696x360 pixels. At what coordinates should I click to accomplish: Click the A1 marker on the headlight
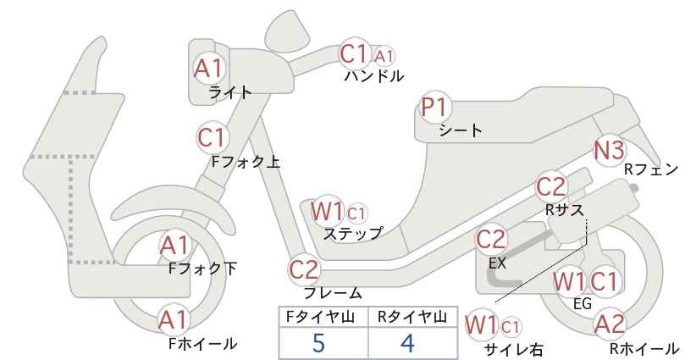click(x=208, y=69)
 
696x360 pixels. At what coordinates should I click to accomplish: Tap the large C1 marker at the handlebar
click(x=355, y=53)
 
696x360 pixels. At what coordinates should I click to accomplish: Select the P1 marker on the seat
click(x=435, y=107)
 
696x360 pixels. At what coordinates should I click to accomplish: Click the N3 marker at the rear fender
click(x=610, y=150)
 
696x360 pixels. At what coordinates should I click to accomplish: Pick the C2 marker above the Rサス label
click(x=551, y=187)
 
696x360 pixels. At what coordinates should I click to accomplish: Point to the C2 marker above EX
click(x=491, y=240)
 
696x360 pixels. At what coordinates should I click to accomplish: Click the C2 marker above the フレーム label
click(x=305, y=269)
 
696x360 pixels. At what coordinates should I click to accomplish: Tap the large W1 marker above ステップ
click(x=327, y=211)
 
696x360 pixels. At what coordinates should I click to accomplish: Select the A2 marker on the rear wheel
click(x=610, y=324)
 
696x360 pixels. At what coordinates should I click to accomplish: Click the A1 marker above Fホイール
click(x=174, y=320)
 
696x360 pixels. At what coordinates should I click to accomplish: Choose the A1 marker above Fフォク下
click(x=175, y=246)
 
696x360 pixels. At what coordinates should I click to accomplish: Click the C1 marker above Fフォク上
click(x=213, y=137)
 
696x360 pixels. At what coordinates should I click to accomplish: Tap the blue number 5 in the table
click(x=318, y=343)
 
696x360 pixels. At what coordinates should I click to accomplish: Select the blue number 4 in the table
click(x=407, y=343)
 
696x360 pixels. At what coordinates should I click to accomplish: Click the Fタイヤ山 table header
click(x=320, y=317)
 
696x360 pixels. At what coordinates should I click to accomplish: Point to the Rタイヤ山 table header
click(x=412, y=317)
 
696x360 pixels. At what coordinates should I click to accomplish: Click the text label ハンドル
click(x=374, y=76)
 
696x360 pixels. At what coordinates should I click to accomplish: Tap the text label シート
click(x=461, y=130)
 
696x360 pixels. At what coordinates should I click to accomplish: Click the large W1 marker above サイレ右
click(x=481, y=325)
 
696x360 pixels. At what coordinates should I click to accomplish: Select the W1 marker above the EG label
click(x=570, y=281)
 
